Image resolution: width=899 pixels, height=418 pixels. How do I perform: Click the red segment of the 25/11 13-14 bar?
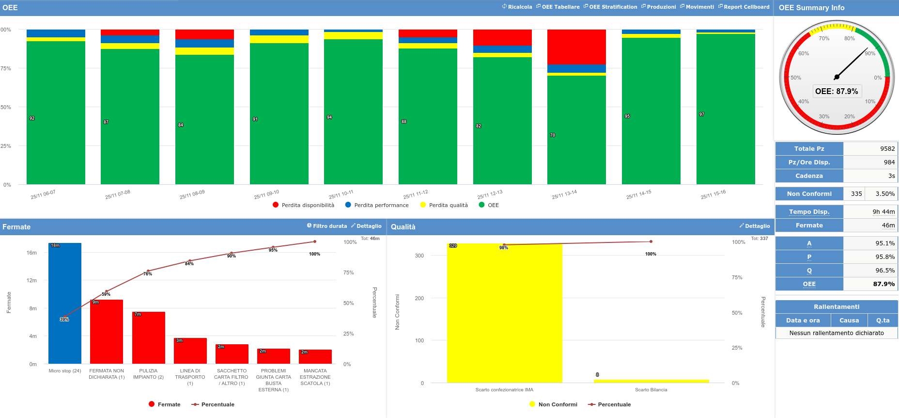coord(576,47)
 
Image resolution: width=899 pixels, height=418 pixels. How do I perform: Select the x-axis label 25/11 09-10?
coord(266,194)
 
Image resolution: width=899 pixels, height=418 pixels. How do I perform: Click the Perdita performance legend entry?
coord(377,205)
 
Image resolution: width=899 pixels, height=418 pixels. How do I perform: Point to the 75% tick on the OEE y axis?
coord(6,68)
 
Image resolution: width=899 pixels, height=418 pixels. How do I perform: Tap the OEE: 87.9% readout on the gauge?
coord(837,91)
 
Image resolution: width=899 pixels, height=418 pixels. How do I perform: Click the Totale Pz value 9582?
coord(887,149)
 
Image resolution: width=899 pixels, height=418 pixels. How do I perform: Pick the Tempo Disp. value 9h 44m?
coord(883,212)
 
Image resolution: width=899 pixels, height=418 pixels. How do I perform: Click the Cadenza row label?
coord(809,176)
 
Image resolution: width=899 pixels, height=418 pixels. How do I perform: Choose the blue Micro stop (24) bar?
coord(65,303)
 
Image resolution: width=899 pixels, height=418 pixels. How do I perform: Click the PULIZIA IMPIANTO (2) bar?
coord(148,338)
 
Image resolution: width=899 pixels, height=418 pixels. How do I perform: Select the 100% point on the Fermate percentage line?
coord(315,241)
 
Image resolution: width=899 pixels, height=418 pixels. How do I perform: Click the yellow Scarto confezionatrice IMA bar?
coord(504,313)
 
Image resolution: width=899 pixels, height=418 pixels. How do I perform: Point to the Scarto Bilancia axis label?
coord(651,390)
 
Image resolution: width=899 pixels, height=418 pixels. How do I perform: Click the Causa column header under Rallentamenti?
coord(849,321)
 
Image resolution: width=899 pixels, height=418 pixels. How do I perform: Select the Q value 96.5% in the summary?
coord(884,271)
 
